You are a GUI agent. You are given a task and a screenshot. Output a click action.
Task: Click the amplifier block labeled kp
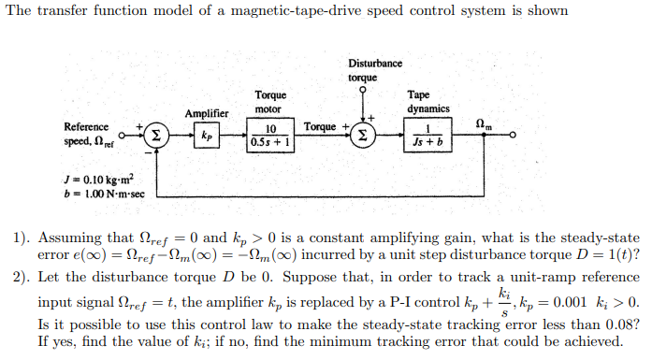click(x=206, y=136)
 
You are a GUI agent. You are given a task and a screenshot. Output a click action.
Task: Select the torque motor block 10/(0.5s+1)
click(x=270, y=136)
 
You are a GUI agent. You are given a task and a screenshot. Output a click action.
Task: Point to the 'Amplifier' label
click(x=207, y=113)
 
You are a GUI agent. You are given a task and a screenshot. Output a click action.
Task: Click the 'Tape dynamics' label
click(x=427, y=101)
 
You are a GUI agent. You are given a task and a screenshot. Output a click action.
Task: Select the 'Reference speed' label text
click(x=86, y=133)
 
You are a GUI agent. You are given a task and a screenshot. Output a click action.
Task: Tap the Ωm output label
click(x=484, y=123)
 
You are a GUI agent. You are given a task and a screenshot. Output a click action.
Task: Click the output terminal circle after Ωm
click(x=512, y=136)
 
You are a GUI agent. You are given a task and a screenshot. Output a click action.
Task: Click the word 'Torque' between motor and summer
click(x=319, y=126)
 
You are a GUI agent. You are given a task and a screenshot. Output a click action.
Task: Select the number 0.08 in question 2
click(x=622, y=324)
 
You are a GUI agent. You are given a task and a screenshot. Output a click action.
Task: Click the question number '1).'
click(x=22, y=238)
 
